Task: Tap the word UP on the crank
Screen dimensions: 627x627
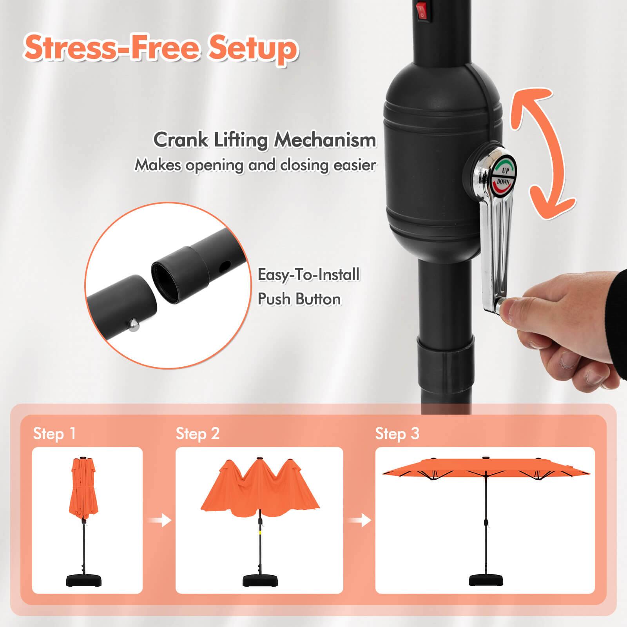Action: click(x=506, y=171)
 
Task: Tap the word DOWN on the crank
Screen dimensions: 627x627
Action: click(x=503, y=182)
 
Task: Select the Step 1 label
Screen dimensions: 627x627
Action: click(x=54, y=434)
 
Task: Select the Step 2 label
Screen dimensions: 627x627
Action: click(x=198, y=434)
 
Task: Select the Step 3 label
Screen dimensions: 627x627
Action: click(x=397, y=434)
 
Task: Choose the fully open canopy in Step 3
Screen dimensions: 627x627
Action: click(x=485, y=468)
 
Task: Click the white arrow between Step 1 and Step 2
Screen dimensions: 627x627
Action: click(x=160, y=521)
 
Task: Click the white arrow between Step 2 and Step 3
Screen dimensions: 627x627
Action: click(x=360, y=521)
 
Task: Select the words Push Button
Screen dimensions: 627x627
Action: click(x=299, y=299)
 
